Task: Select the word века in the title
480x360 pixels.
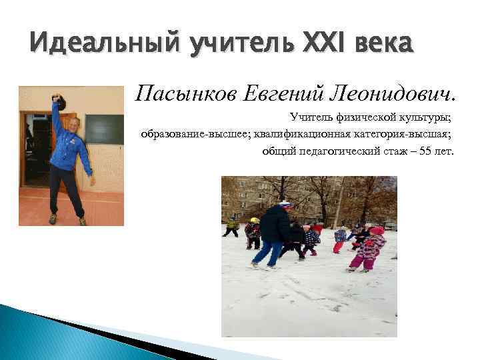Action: click(x=378, y=45)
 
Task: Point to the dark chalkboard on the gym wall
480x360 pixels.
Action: click(x=104, y=129)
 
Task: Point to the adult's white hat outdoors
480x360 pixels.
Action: click(x=285, y=204)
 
